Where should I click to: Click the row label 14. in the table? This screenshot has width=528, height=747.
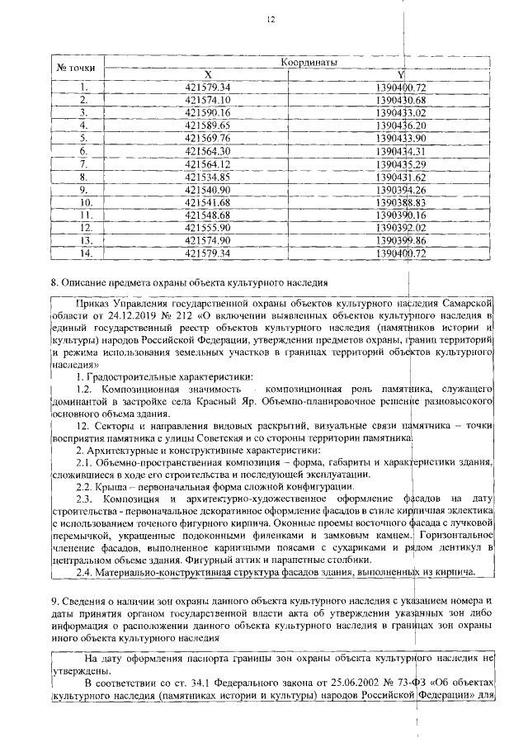pyautogui.click(x=83, y=253)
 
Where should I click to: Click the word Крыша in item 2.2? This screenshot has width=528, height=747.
pyautogui.click(x=111, y=487)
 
